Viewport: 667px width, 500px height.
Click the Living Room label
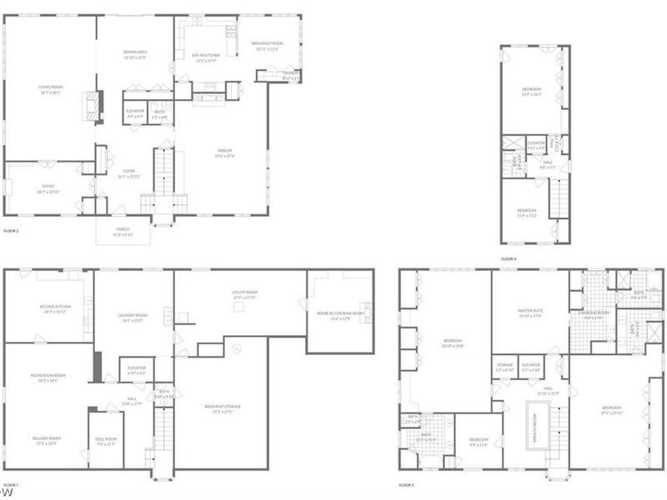[51, 88]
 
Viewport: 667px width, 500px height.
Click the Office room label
[48, 189]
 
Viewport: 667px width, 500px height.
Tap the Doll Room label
[106, 442]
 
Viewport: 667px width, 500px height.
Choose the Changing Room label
[594, 314]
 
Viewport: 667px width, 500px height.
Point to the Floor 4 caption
[509, 259]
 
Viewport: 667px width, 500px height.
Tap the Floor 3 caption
[407, 484]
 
